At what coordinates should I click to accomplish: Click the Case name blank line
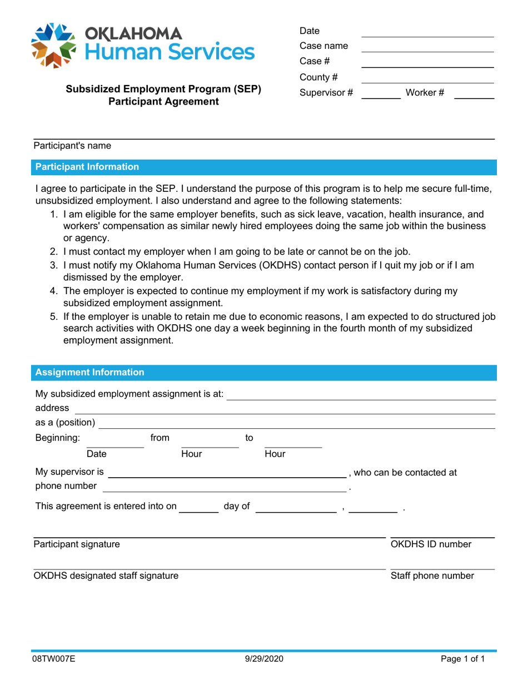tap(427, 47)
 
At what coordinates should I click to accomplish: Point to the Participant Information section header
tap(87, 166)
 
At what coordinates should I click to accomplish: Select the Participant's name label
tap(72, 146)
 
